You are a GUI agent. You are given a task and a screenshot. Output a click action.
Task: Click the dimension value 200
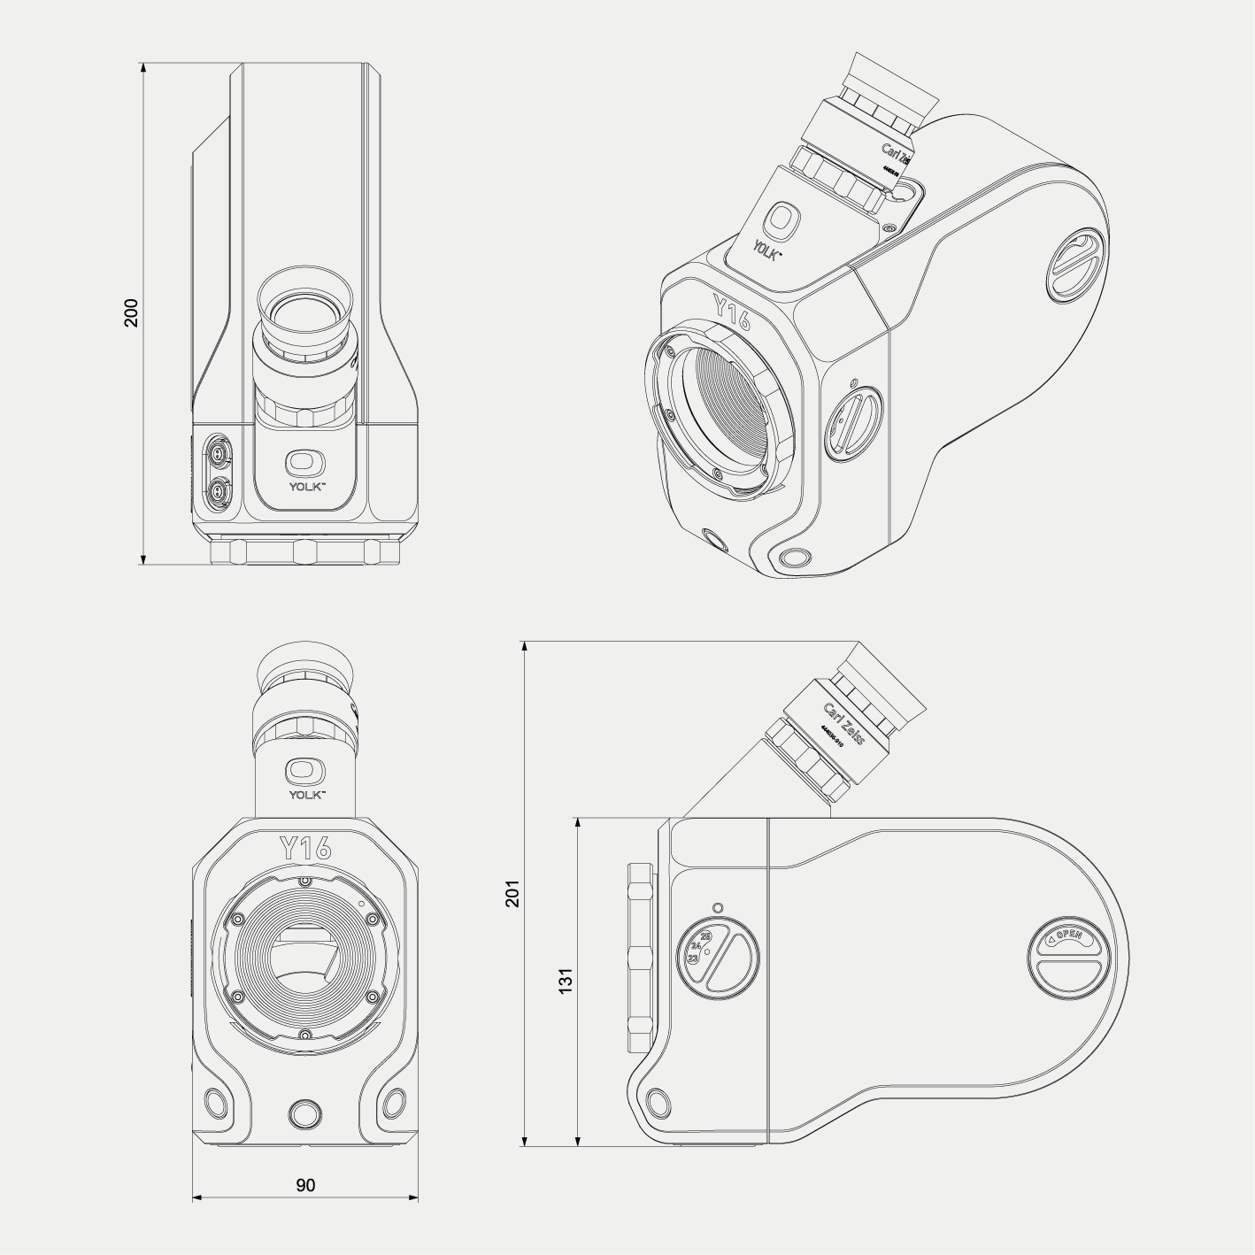(131, 313)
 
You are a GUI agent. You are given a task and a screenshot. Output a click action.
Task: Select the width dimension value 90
(305, 1184)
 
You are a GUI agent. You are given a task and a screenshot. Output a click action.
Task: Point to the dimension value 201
(512, 893)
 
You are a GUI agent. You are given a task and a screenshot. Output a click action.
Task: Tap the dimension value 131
(566, 980)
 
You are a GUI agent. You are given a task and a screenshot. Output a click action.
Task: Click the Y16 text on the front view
(305, 848)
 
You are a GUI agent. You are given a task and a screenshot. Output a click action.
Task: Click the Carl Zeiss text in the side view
(843, 723)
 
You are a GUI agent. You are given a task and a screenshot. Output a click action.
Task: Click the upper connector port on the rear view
(216, 454)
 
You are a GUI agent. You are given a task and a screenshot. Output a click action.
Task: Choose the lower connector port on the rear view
(216, 488)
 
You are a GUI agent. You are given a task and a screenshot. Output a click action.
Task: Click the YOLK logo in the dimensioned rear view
(305, 468)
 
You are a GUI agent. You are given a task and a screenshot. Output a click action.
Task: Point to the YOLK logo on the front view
(305, 776)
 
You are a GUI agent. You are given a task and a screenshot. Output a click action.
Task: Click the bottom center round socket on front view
(305, 1112)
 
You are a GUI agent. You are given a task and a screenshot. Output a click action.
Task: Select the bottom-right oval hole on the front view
(394, 1103)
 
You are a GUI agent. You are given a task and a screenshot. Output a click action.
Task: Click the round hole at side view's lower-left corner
(658, 1103)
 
